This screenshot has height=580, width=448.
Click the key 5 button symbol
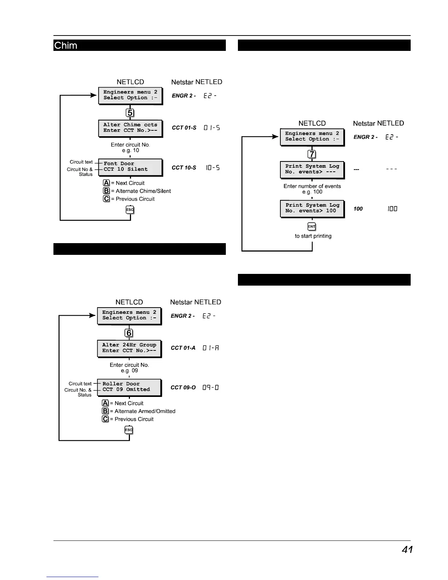(130, 113)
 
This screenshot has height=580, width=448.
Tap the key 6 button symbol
(129, 333)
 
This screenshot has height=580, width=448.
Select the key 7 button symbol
(312, 154)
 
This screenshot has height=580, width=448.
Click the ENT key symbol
(311, 227)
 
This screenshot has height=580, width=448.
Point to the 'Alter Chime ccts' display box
(130, 128)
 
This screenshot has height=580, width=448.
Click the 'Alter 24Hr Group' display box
(129, 348)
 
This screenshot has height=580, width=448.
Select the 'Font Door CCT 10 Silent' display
(130, 167)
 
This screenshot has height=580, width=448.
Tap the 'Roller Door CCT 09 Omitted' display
(129, 387)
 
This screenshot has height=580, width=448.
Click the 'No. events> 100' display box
(312, 208)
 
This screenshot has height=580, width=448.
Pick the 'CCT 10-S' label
(184, 168)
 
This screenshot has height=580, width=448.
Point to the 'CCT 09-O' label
(183, 387)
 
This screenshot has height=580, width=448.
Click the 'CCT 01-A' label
(183, 348)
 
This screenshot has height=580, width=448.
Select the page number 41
(407, 550)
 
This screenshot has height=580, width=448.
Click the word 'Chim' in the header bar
(66, 46)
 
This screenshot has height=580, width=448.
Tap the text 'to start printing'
(313, 236)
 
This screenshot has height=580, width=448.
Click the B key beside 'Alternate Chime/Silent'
(107, 191)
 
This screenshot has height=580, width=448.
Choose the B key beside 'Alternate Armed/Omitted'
(105, 411)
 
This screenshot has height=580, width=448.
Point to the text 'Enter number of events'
(312, 186)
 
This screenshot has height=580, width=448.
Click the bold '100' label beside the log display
(358, 209)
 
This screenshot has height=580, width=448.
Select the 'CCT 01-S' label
(184, 128)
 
